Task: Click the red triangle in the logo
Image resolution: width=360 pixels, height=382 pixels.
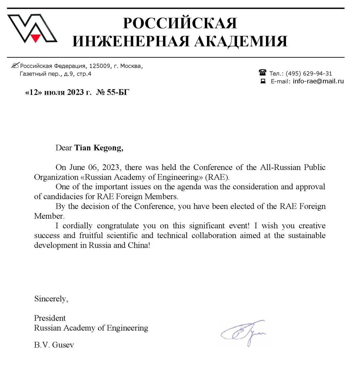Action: (35, 38)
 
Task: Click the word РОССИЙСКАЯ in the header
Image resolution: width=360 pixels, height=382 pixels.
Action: (180, 23)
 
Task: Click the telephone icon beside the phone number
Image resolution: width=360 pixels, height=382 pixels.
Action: (263, 73)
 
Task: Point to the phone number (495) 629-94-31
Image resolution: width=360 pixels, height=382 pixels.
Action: (309, 73)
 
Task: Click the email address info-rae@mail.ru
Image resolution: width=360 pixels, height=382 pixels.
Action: (318, 81)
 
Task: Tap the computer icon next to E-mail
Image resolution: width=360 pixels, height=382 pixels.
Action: (263, 81)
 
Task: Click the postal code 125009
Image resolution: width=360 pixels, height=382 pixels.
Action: (99, 66)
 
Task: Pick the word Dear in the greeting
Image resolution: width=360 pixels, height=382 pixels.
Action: (64, 148)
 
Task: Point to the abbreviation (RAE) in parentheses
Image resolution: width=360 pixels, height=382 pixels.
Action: (217, 177)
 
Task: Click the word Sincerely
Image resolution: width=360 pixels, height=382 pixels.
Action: (51, 299)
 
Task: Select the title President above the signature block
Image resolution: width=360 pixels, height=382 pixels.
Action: (50, 318)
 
